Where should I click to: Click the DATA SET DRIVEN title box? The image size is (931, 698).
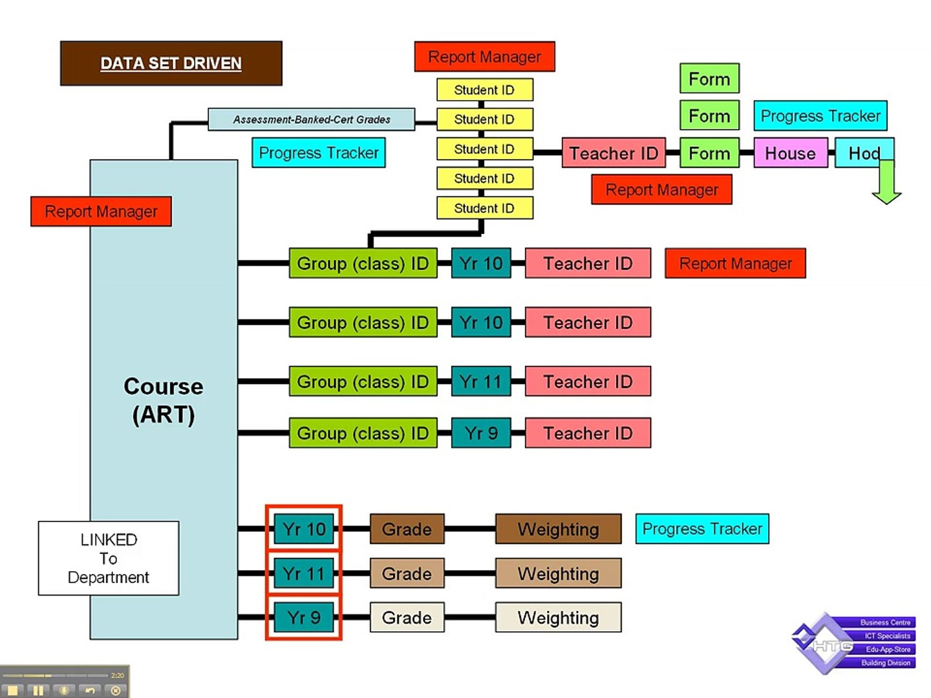pos(171,63)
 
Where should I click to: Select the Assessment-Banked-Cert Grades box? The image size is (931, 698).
pos(311,120)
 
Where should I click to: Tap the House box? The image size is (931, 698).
pos(790,153)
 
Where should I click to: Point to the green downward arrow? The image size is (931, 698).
pos(886,184)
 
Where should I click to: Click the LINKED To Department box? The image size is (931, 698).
pos(109,558)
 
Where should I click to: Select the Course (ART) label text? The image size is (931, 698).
pos(164,400)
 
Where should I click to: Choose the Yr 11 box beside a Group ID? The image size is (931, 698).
pos(481,381)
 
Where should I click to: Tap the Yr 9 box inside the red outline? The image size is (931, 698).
pos(304,618)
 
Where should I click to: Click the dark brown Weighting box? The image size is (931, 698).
pos(558,529)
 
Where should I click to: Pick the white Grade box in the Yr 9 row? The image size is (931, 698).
pos(407,618)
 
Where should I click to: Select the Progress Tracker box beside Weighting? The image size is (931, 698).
pos(702,529)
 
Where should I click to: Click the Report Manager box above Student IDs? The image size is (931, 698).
pos(484,57)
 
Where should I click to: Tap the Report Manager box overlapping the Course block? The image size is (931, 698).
pos(101,211)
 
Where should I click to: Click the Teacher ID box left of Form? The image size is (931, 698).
pos(613,153)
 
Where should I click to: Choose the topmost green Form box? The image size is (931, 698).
pos(709,79)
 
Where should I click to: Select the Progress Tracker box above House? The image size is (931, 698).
pos(820,116)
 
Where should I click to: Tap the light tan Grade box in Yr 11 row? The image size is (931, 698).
pos(407,573)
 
